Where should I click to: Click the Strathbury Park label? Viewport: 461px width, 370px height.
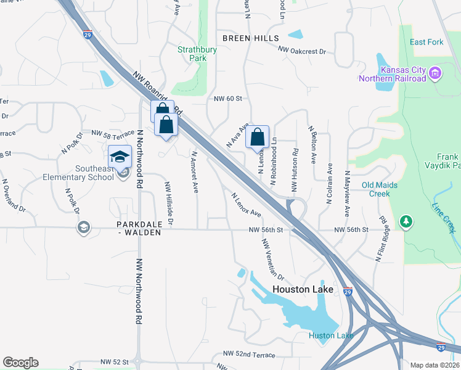coord(192,54)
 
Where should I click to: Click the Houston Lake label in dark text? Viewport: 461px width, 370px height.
coord(303,289)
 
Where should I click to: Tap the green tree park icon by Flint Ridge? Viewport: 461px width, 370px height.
coord(406,221)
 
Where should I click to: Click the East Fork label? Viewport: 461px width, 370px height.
coord(426,42)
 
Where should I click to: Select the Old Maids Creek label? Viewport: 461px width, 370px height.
coord(380,189)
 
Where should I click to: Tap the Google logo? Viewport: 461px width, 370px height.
coord(20,362)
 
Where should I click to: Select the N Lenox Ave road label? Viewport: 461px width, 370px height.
coord(246,205)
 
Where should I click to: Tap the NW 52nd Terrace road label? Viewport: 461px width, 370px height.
coord(250,355)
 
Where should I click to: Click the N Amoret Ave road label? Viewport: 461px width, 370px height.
coord(195,173)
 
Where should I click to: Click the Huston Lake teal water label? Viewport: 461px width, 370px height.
coord(331,335)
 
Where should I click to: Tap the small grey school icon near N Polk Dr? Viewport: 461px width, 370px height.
coord(83,228)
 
